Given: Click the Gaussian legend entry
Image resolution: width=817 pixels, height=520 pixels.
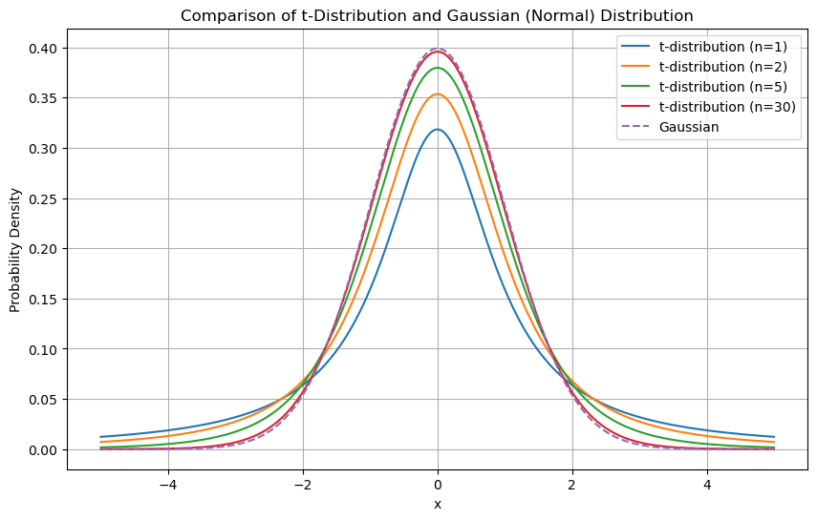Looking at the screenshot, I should pos(689,127).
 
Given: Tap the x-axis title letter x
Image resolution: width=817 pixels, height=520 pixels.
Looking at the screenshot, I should pos(438,504).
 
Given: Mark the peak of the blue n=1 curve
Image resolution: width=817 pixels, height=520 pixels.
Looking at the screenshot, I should pos(438,130).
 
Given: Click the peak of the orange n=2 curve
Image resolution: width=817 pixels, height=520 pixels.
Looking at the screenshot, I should pos(438,94).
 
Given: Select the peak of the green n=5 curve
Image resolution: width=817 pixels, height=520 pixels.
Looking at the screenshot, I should pos(438,68).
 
